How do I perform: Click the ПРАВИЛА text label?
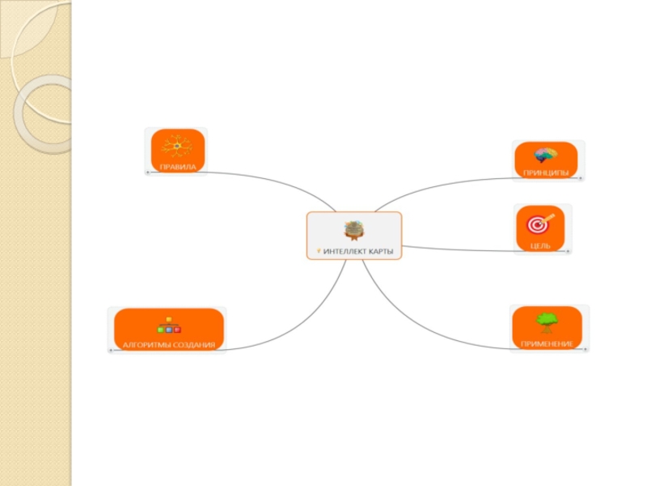pyautogui.click(x=177, y=166)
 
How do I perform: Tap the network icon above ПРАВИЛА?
pyautogui.click(x=176, y=147)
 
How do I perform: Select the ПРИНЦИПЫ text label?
pyautogui.click(x=546, y=173)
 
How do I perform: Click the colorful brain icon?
pyautogui.click(x=546, y=155)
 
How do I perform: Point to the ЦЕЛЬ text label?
pyautogui.click(x=541, y=245)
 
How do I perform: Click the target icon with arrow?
pyautogui.click(x=541, y=223)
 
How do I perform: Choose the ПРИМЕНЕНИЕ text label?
pyautogui.click(x=547, y=344)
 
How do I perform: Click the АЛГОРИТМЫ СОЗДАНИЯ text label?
pyautogui.click(x=169, y=345)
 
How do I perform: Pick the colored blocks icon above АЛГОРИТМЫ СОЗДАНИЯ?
pyautogui.click(x=168, y=326)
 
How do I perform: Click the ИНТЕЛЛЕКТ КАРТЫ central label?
pyautogui.click(x=358, y=251)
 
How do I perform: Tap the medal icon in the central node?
pyautogui.click(x=354, y=231)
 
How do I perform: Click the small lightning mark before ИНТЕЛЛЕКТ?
pyautogui.click(x=319, y=251)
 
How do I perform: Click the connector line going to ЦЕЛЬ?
pyautogui.click(x=461, y=249)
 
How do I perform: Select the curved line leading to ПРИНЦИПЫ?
pyautogui.click(x=437, y=185)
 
